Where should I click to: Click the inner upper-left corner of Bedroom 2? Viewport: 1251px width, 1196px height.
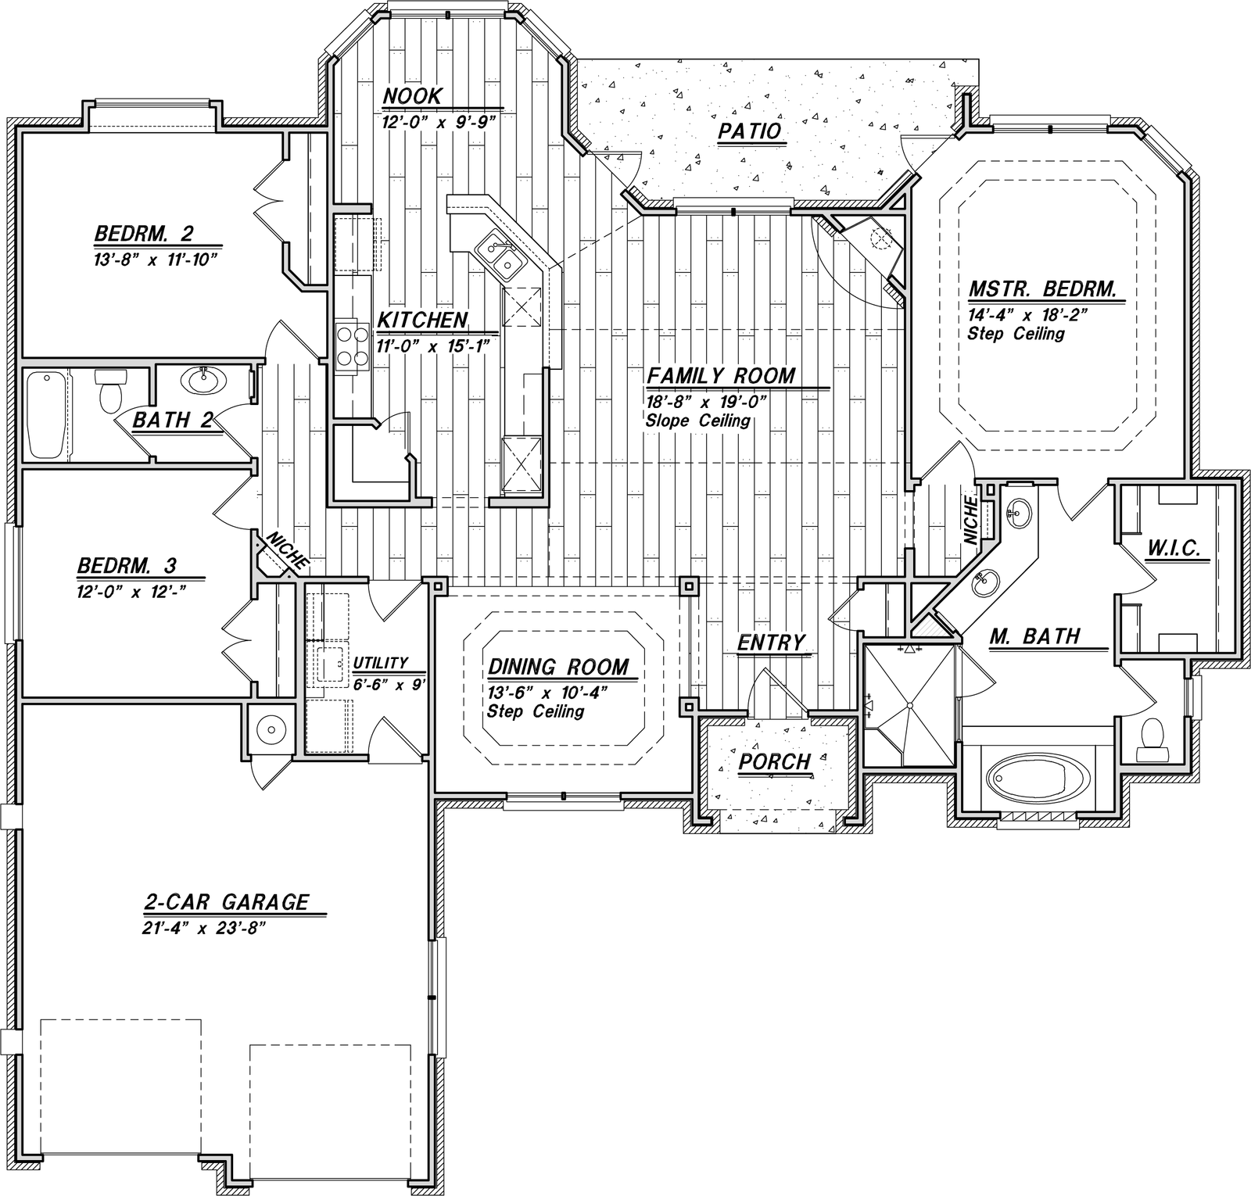[21, 134]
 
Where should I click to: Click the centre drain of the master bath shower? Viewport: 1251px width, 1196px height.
[909, 705]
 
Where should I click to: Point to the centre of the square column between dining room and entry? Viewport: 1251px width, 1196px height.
[687, 586]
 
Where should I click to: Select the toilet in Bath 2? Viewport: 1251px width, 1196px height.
[108, 390]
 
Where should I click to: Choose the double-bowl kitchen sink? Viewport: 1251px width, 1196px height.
[501, 257]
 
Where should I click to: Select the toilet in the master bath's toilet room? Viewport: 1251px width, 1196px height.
[1151, 739]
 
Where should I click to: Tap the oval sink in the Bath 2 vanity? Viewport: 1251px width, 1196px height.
[205, 381]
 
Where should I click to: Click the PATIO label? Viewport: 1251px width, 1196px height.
[750, 131]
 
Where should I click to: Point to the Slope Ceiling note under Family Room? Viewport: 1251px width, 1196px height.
[698, 421]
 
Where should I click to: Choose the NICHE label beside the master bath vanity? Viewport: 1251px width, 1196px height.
[971, 520]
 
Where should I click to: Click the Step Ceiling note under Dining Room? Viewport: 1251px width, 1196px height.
[536, 712]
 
